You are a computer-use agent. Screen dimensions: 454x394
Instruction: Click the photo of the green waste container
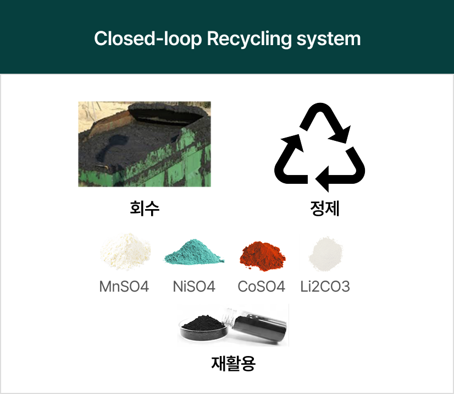point(145,144)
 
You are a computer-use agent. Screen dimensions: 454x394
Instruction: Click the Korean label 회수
point(145,209)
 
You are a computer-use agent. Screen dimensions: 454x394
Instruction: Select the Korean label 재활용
point(234,363)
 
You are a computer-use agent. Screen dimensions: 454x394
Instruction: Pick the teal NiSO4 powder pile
point(195,254)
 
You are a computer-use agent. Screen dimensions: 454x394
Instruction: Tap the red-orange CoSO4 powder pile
point(262,254)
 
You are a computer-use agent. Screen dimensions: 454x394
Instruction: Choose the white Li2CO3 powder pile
point(326,254)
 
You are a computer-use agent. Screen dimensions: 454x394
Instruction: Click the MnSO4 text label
point(124,287)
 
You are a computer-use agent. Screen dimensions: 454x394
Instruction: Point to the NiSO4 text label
point(193,287)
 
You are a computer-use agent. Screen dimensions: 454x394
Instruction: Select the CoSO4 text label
point(262,287)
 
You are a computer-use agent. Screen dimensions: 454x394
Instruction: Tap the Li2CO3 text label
point(325,287)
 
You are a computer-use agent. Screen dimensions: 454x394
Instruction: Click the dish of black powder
point(205,327)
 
